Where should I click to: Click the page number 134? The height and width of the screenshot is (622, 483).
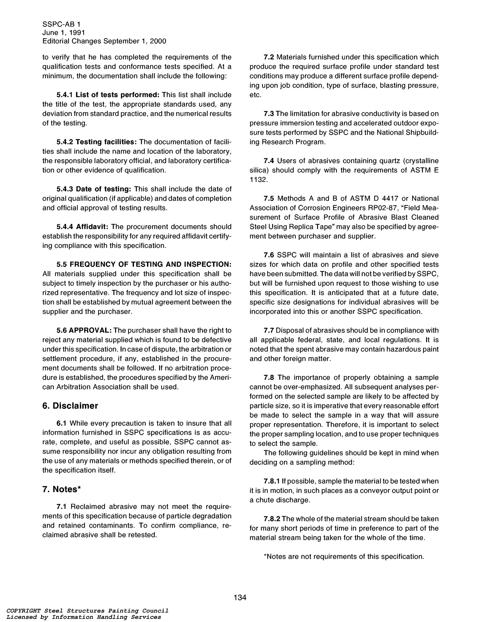pos(240,597)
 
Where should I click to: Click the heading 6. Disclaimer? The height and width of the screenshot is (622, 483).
pos(70,406)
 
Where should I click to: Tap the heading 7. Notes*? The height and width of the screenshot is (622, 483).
pos(62,489)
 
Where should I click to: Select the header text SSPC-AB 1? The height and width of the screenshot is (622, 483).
pos(61,25)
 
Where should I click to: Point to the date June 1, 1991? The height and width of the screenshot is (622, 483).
pos(64,33)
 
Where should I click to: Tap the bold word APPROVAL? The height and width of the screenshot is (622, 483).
pos(90,330)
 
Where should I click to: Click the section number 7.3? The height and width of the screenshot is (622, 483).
pos(269,114)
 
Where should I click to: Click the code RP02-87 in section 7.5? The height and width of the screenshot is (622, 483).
pos(371,208)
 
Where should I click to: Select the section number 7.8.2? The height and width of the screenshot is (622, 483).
pos(272,519)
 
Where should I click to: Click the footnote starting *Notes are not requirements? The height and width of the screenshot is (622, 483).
pos(344,557)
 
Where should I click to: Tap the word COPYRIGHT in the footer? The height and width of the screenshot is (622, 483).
pos(23,611)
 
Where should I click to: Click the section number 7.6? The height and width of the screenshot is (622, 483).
pos(269,255)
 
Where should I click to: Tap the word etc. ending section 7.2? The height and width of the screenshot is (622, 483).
pos(255,95)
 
